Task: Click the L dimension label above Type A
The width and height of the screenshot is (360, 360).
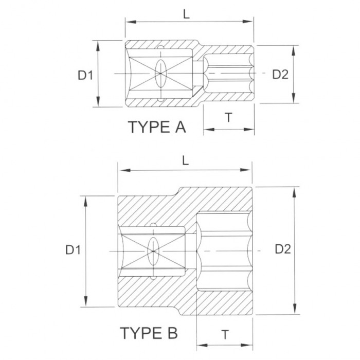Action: click(186, 14)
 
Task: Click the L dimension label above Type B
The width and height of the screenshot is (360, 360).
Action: click(185, 161)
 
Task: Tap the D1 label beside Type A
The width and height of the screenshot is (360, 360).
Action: click(85, 75)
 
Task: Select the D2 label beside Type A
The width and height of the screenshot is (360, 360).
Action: click(280, 75)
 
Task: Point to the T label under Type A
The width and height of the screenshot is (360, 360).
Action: click(229, 118)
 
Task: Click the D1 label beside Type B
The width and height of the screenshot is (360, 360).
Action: click(73, 250)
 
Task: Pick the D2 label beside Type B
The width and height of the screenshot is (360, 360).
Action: click(283, 249)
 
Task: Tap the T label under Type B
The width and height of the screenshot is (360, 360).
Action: click(225, 334)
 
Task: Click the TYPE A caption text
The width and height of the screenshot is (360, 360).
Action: click(157, 127)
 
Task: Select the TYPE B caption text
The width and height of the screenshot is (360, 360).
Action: click(149, 333)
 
